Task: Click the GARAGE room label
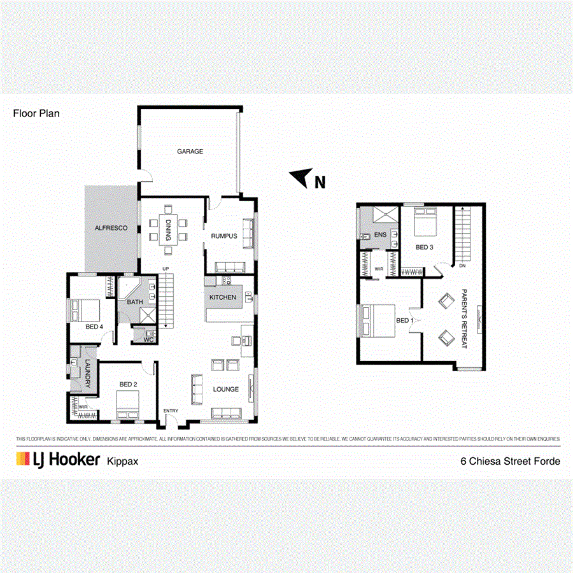pos(190,152)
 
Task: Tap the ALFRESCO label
pos(111,228)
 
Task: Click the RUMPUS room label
pos(224,236)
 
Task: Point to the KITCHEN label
pos(223,297)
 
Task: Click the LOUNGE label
pos(226,390)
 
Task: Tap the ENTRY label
pos(171,411)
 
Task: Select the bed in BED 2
pos(129,403)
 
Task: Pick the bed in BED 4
pos(86,310)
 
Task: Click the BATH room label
pos(135,302)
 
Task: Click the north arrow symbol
pos(300,178)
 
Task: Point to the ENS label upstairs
pos(381,235)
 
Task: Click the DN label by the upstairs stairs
pos(462,266)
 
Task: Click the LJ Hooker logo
pos(58,460)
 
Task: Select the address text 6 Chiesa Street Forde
pos(510,461)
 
